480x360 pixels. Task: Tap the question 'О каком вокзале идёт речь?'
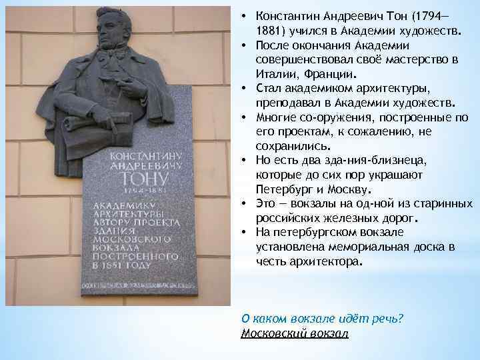(x=322, y=319)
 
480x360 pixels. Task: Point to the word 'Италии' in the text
(x=273, y=73)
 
